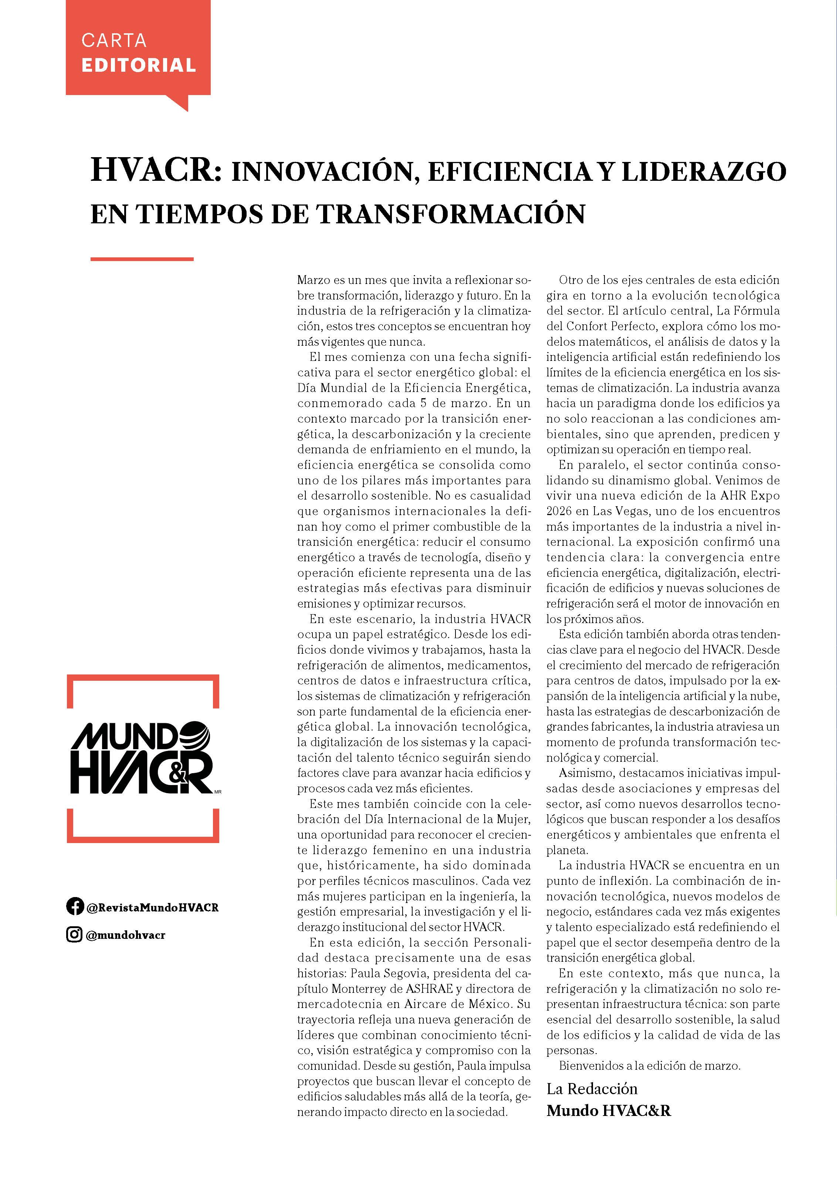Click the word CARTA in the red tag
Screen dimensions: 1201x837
coord(113,40)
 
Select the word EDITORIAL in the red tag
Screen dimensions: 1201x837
coord(139,65)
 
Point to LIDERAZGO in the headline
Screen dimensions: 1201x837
coord(704,172)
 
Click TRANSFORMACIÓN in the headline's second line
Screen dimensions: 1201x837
coord(451,214)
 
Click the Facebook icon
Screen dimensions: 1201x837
coord(75,906)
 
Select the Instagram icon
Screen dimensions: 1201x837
coord(74,934)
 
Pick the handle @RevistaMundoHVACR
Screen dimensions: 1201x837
coord(152,907)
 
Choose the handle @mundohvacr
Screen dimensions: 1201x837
coord(126,935)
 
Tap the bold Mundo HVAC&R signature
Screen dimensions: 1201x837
coord(609,1110)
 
